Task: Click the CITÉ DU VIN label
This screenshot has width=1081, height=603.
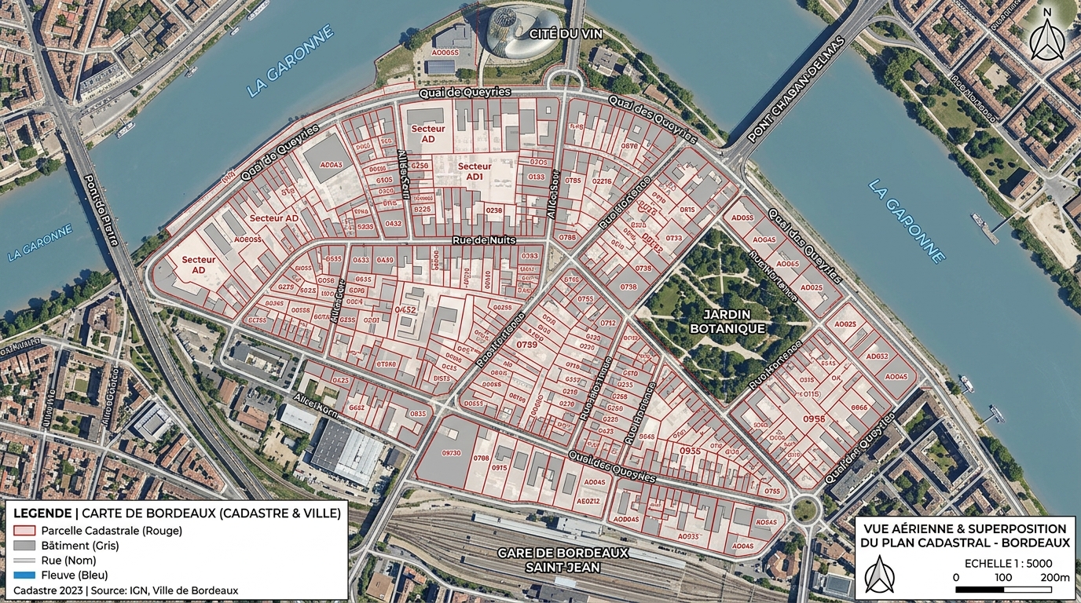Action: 559,34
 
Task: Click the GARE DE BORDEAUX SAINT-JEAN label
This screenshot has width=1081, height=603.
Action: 563,560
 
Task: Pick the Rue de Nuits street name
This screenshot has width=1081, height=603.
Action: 484,240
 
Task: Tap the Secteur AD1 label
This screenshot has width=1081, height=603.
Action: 475,172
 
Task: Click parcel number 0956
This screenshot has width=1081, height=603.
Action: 814,418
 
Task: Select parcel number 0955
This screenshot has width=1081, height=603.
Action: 690,451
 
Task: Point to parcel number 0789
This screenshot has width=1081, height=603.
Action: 527,345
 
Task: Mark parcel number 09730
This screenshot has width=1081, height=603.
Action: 452,453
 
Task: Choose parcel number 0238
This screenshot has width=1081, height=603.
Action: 493,210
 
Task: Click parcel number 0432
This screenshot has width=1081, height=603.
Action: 393,224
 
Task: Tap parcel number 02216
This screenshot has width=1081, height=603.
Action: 602,181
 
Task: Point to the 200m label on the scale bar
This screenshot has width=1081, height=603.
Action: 1054,578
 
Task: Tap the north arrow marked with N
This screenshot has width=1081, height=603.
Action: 1046,35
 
